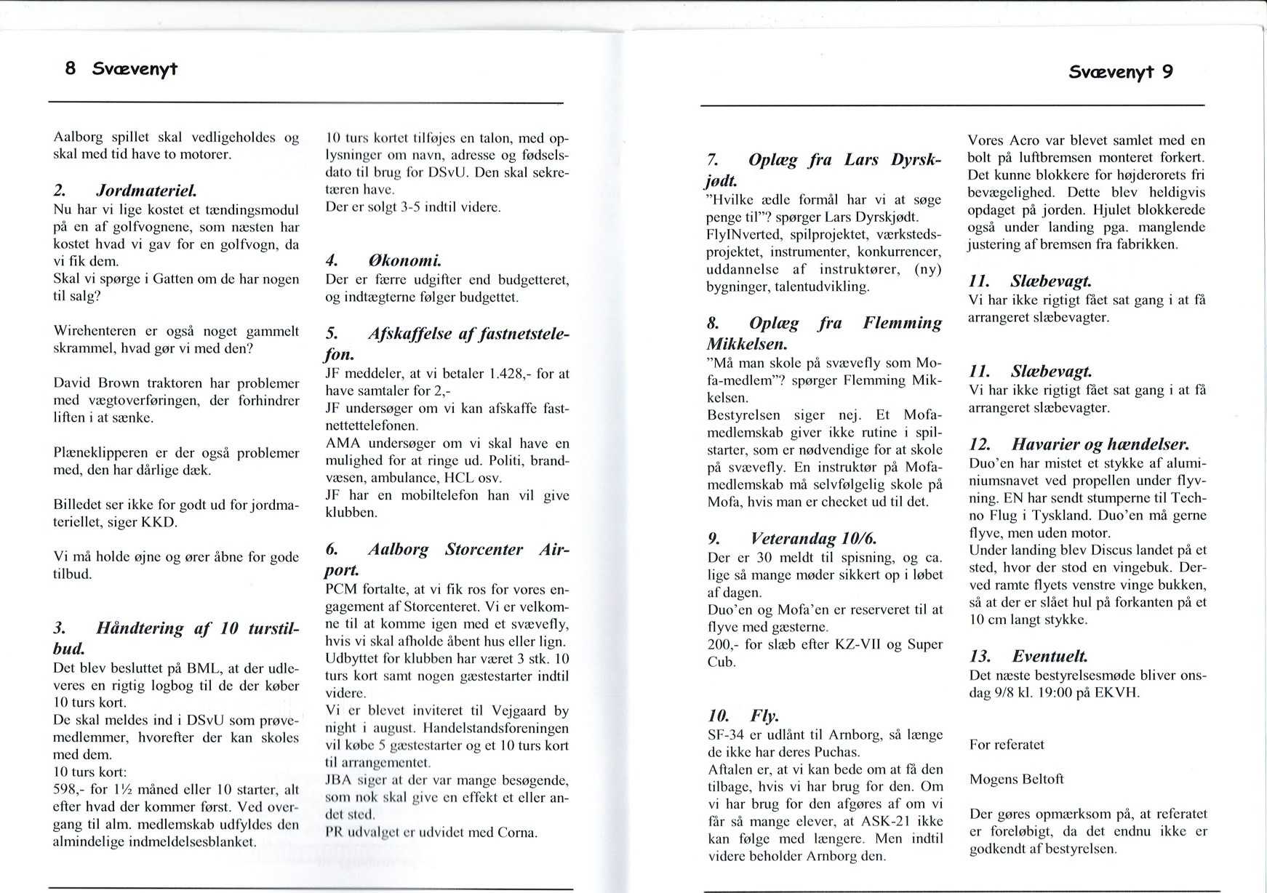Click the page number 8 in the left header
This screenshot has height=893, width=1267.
71,69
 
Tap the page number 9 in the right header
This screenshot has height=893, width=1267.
1167,71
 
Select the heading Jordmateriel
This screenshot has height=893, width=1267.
146,191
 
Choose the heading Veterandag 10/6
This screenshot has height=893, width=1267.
814,539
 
